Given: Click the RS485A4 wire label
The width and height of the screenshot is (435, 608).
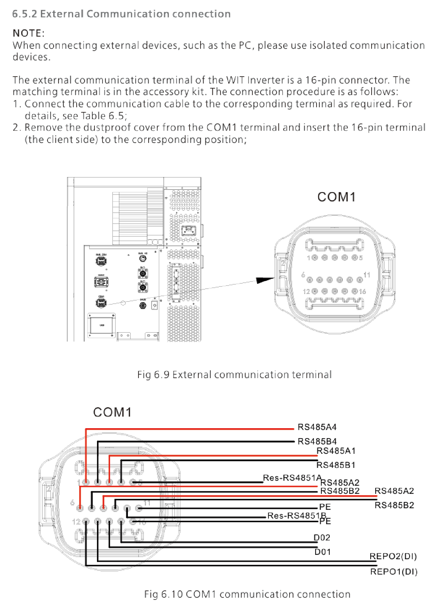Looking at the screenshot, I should [317, 427].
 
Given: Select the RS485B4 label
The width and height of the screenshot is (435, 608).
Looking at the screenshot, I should [317, 442].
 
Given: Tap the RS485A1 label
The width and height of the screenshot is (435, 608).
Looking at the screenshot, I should [336, 451].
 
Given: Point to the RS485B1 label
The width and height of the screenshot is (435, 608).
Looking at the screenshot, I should [336, 465].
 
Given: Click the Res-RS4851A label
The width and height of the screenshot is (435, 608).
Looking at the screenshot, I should [292, 478].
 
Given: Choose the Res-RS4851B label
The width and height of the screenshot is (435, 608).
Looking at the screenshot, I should [296, 516].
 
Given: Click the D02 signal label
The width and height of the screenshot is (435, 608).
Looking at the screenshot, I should [322, 538].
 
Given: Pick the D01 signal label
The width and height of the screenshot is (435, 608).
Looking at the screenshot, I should [322, 552].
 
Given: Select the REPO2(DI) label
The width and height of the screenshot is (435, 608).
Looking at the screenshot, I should [393, 556].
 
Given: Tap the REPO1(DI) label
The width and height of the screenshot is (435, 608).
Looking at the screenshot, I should [394, 572].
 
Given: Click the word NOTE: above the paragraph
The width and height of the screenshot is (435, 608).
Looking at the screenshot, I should [28, 33].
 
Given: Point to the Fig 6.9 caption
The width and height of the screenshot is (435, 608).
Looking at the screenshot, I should [234, 375].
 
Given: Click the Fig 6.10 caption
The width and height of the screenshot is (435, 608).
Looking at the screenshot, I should [247, 594].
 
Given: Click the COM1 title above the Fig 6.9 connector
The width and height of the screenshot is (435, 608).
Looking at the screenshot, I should [336, 197].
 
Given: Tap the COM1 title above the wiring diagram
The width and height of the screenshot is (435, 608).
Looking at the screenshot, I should [112, 412].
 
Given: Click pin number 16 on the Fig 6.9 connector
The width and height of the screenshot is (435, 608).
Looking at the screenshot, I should [362, 291].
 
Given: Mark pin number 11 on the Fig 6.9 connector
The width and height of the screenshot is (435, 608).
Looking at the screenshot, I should [367, 275].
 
